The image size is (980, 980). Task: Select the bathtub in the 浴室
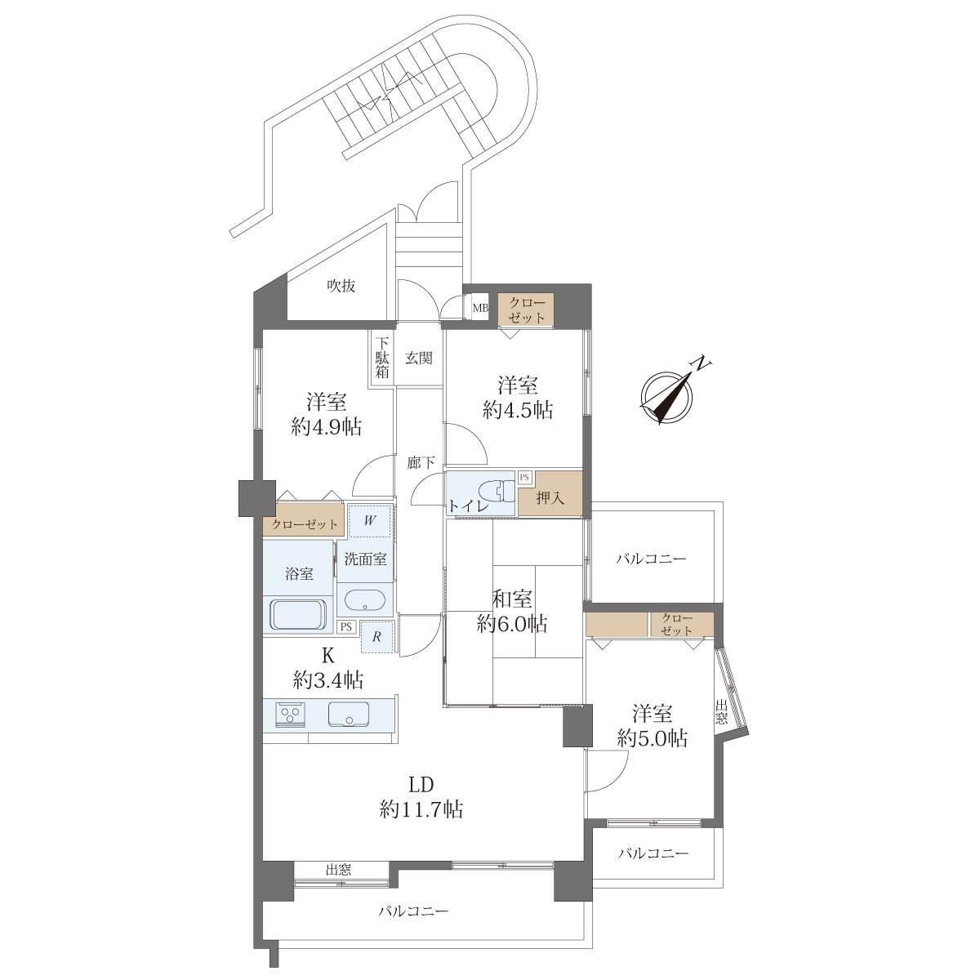click(x=298, y=616)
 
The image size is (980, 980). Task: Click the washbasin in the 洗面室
click(x=364, y=600)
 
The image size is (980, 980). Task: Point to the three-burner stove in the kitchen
click(x=289, y=713)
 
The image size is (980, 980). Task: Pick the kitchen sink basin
click(x=349, y=714)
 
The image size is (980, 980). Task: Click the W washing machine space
click(x=370, y=521)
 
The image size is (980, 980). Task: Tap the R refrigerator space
click(x=376, y=637)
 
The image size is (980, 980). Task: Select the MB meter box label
click(x=480, y=308)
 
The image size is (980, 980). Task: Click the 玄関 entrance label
click(x=419, y=359)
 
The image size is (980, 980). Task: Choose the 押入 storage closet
click(x=550, y=495)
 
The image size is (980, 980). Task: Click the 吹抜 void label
click(x=341, y=287)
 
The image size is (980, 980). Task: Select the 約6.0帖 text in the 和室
click(x=511, y=623)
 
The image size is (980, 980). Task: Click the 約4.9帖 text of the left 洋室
click(x=327, y=427)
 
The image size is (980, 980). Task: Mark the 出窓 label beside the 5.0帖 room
click(x=721, y=712)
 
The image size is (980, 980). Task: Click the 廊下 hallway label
click(x=421, y=463)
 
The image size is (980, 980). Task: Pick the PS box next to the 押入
click(x=525, y=478)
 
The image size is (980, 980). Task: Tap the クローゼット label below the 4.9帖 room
click(x=304, y=525)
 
